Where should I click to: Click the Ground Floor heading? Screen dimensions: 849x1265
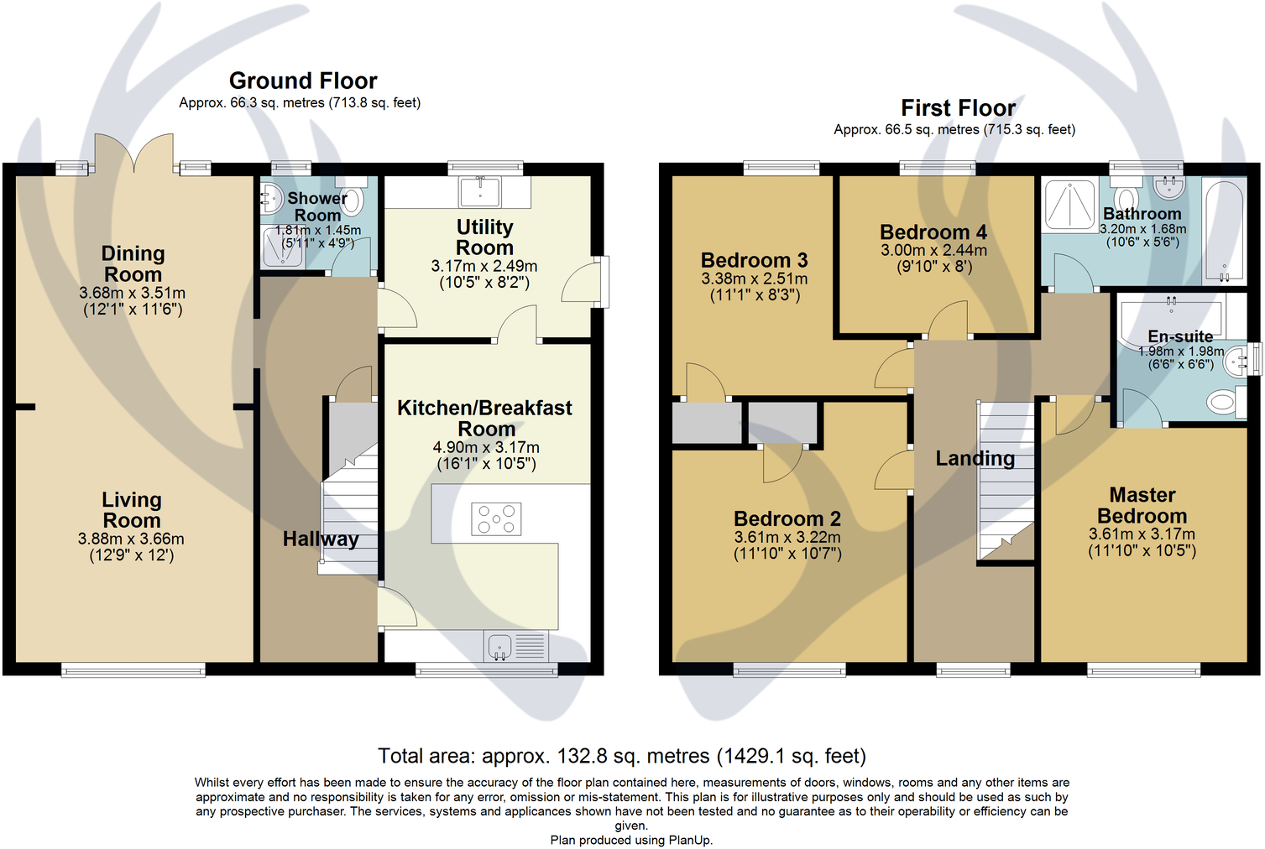[303, 81]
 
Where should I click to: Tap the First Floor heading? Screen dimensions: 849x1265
[958, 108]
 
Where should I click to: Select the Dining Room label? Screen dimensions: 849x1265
[133, 263]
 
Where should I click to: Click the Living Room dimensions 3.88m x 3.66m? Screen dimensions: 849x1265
[131, 539]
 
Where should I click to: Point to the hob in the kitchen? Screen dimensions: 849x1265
[496, 518]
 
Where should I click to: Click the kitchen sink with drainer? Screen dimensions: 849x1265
[515, 647]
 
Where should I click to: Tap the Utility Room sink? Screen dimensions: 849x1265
[480, 192]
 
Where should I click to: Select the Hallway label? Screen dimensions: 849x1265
[320, 539]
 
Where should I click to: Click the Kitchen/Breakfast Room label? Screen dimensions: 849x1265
[484, 418]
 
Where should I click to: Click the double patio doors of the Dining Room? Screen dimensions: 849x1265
[134, 155]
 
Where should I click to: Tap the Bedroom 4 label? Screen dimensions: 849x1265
[933, 232]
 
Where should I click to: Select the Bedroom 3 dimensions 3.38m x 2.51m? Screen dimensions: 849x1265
[754, 279]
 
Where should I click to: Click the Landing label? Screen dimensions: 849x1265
[975, 458]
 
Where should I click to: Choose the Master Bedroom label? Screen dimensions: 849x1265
[1142, 505]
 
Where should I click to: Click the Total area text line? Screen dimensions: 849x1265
[621, 756]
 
